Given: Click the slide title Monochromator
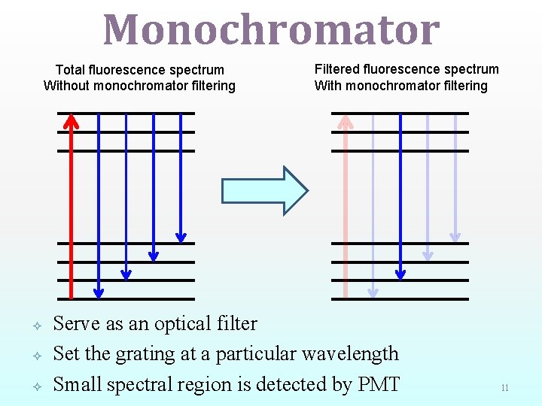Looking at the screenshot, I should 271,30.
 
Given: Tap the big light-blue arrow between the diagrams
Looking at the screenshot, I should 264,191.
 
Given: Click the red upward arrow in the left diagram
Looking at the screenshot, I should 71,203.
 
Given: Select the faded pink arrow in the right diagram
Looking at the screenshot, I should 346,203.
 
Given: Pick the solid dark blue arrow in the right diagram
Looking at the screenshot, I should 400,195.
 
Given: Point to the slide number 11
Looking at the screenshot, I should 504,388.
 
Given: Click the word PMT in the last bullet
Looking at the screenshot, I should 378,384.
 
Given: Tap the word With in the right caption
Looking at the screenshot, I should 327,86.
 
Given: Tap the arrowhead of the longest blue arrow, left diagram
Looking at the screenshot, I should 99,292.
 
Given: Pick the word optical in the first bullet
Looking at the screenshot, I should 185,324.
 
